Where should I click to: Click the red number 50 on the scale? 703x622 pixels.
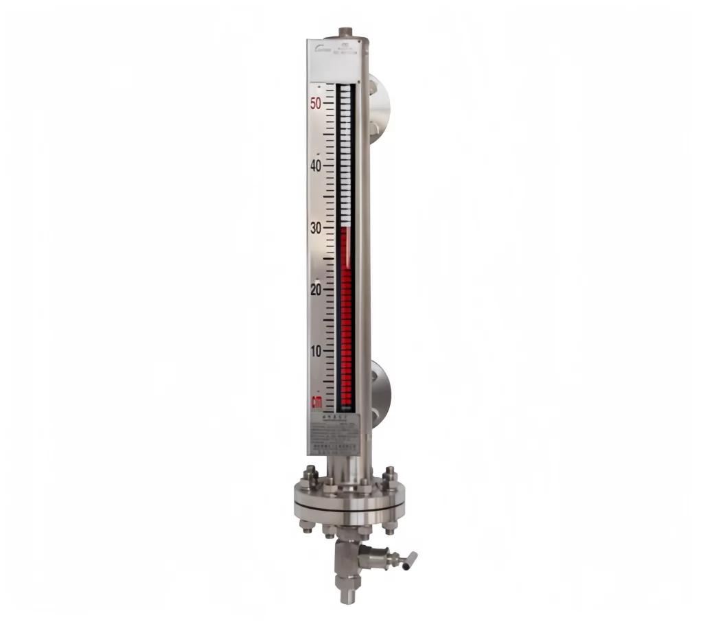pos(316,104)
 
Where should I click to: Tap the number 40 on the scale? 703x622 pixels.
pos(316,166)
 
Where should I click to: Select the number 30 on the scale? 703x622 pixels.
pos(316,228)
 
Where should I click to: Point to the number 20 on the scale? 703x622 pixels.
pos(316,290)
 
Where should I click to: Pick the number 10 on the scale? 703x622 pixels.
pos(316,351)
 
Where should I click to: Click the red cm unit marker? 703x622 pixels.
pos(316,402)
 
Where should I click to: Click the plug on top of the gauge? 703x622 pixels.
pos(345,33)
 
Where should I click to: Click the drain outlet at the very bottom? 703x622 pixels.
pos(345,596)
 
